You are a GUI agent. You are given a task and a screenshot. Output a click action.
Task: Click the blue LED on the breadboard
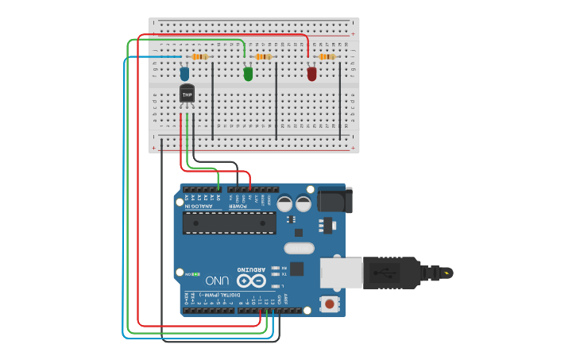(x=184, y=74)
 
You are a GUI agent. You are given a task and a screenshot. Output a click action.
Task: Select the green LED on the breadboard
(x=248, y=74)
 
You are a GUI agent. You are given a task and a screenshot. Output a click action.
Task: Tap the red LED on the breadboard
(x=311, y=74)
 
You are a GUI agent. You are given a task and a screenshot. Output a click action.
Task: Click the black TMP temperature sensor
(x=187, y=95)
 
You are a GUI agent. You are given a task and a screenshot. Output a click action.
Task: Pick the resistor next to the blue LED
(x=200, y=57)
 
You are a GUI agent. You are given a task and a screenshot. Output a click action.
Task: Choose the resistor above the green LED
(x=263, y=57)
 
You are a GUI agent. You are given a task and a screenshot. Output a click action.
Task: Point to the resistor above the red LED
(x=327, y=57)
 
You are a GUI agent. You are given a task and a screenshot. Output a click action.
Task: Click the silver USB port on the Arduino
(x=342, y=273)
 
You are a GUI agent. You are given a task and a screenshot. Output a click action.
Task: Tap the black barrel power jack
(x=332, y=199)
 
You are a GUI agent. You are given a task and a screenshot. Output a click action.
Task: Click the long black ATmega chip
(x=230, y=223)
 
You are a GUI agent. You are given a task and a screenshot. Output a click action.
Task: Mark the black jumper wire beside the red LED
(x=340, y=103)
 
